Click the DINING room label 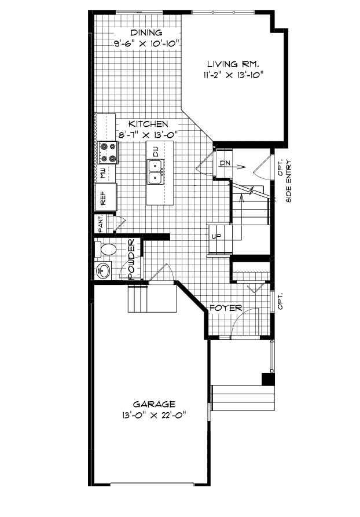tap(146, 32)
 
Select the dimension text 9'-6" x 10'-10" tap(148, 43)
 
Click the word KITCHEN tap(148, 124)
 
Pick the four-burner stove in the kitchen tap(107, 152)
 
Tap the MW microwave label tap(102, 173)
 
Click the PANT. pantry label tap(101, 224)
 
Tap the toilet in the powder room tap(106, 250)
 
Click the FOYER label tap(226, 307)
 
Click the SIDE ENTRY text tap(289, 188)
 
